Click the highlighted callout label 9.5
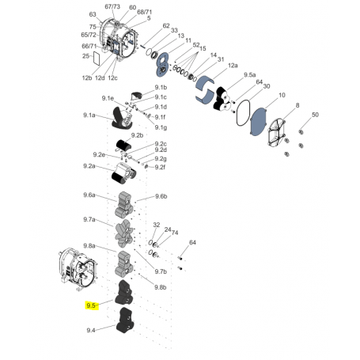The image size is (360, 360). point(90,305)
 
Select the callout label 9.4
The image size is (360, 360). point(90,330)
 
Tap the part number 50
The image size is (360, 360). point(315,116)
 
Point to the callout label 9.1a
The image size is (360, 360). point(88,116)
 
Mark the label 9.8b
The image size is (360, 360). point(161,287)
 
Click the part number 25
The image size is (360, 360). point(85,57)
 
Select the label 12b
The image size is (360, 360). point(87,78)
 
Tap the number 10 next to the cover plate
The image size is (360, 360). point(281,95)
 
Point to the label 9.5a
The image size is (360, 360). point(251,74)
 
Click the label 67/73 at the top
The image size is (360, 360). point(112,6)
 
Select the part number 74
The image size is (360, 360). point(175,233)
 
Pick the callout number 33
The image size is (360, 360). point(174,31)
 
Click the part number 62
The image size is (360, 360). point(166,25)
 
